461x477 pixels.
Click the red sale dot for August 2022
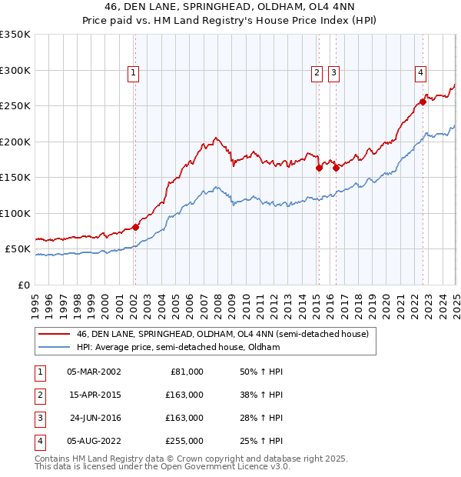point(423,102)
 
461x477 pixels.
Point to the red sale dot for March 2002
point(135,227)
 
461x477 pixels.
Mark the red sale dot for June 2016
point(336,168)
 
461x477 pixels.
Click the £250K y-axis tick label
point(15,105)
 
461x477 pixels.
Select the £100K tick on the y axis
point(15,213)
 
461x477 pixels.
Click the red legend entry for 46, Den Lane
point(223,334)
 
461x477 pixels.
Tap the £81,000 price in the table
point(187,371)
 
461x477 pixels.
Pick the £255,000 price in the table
point(184,441)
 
